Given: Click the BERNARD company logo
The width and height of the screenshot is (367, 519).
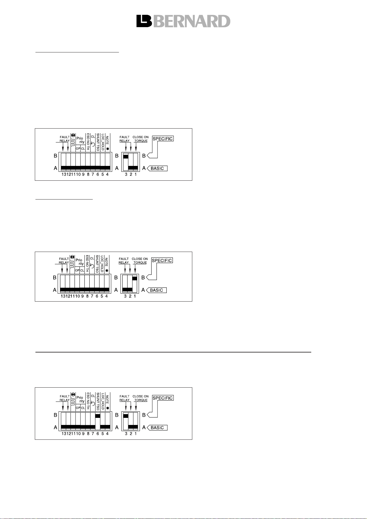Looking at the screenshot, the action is point(183,21).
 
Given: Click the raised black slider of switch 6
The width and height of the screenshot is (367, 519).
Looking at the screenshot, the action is point(98,416).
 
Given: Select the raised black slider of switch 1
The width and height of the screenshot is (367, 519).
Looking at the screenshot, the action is point(135,278).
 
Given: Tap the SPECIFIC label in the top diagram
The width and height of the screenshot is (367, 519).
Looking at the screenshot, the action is point(163,138).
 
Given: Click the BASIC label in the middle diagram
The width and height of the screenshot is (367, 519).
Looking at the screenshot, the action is point(156,290).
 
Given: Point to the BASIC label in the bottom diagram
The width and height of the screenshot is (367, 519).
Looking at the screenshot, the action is point(157,428).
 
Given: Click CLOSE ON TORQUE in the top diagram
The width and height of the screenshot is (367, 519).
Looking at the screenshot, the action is point(141,139).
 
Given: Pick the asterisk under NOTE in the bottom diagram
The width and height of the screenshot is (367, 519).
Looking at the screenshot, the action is point(108,408).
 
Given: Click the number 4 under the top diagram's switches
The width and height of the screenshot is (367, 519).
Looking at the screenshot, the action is point(107,174).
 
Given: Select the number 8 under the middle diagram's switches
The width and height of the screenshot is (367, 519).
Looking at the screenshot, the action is point(87,296).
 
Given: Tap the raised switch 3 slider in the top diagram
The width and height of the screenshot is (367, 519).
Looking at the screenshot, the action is point(126,156).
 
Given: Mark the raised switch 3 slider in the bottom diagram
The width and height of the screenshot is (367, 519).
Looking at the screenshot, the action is point(126,416).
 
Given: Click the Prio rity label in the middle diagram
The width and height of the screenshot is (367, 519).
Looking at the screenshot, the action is point(80,262).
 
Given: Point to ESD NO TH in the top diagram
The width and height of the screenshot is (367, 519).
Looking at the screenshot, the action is point(88,142).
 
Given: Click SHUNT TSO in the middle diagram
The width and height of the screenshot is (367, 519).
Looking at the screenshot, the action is point(97,264).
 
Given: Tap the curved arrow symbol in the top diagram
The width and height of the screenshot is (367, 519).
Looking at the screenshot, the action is point(93,144).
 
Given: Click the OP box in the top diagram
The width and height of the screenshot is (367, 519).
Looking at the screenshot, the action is point(78,149).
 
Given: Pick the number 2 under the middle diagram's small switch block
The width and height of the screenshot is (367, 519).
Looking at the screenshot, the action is point(130,296).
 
